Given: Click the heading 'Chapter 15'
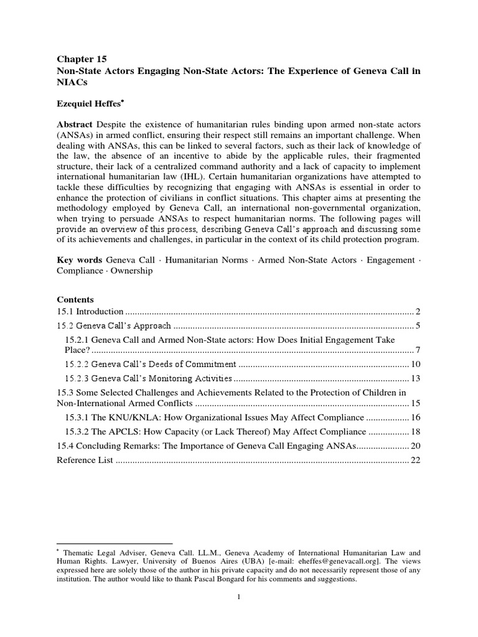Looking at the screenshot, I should point(78,60).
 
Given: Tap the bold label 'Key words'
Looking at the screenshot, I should point(79,259).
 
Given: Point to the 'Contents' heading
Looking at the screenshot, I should point(75,299).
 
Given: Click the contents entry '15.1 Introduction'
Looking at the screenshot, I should point(90,311).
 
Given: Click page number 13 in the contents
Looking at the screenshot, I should point(416,378).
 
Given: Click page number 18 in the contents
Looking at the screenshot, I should point(416,432).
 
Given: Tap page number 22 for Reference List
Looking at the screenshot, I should point(416,460).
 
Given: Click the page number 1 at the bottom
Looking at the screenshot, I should point(238,598).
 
